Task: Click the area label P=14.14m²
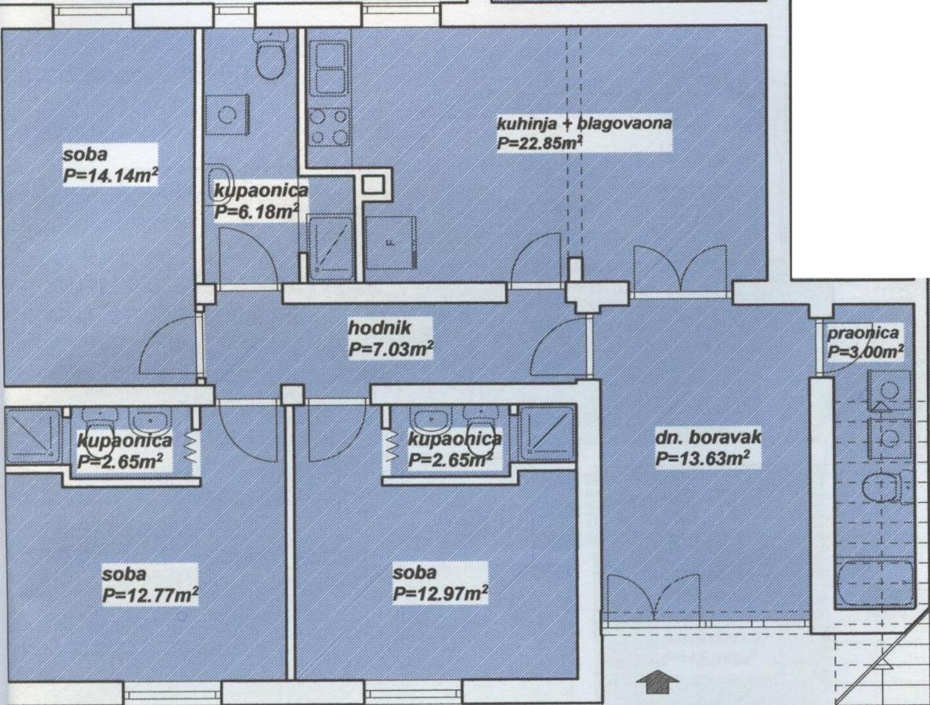[110, 175]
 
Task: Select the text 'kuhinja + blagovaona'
[584, 123]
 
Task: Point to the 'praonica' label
[863, 333]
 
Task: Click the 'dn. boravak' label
[708, 438]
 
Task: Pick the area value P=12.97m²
[440, 593]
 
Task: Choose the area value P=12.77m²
[150, 594]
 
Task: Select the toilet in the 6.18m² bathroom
[271, 53]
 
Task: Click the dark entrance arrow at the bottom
[657, 681]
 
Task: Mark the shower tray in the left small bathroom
[32, 436]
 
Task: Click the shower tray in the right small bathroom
[545, 436]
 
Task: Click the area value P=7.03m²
[390, 349]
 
